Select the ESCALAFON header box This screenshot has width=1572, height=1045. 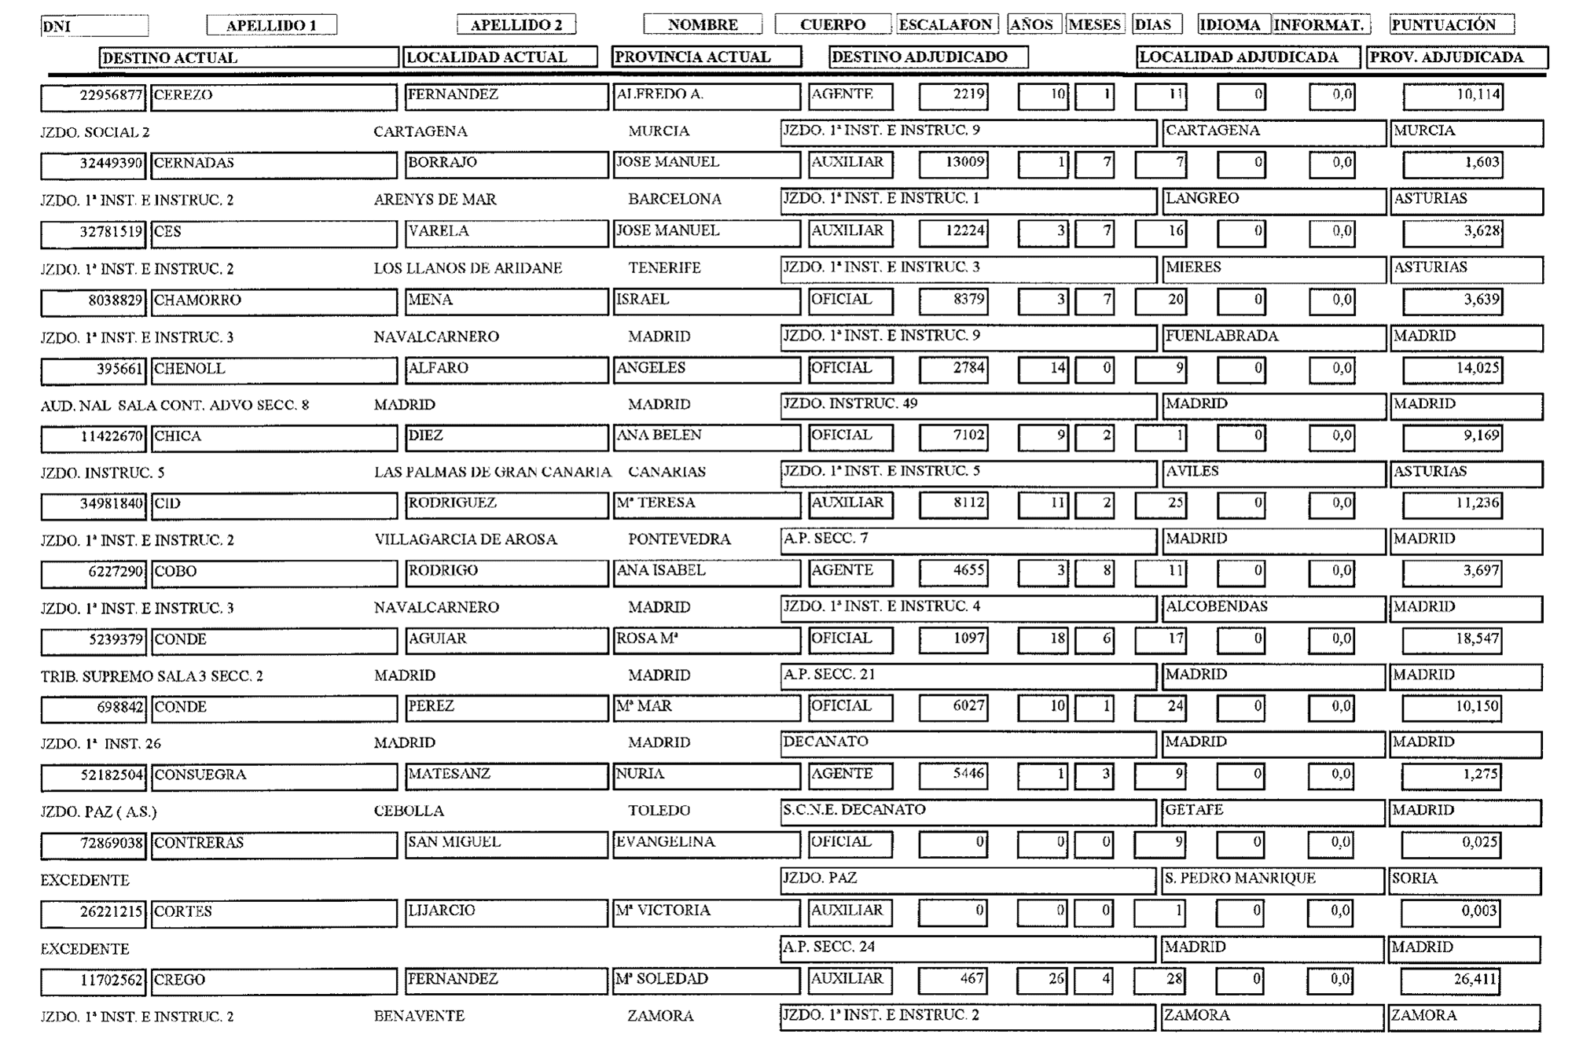[946, 25]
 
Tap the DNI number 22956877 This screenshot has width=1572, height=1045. [111, 96]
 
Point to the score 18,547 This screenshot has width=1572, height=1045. [1477, 639]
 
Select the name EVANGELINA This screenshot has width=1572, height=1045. [666, 842]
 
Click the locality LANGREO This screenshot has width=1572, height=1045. [1202, 199]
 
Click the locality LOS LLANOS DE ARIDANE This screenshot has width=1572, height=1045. [468, 268]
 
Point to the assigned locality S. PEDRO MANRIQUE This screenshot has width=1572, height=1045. [1240, 878]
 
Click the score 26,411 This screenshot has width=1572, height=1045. [1475, 980]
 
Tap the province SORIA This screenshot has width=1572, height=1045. [1414, 878]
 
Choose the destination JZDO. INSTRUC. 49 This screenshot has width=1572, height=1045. [850, 404]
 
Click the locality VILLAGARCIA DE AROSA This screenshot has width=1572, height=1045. [465, 540]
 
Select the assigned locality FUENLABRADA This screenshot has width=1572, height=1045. [1221, 336]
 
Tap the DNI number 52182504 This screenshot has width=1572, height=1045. [112, 775]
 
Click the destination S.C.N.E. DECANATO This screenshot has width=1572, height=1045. [854, 810]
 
